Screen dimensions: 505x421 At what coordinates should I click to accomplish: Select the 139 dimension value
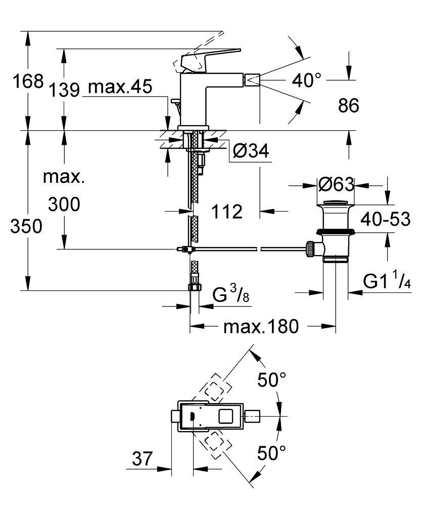click(65, 89)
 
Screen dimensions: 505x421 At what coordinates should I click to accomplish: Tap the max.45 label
click(120, 87)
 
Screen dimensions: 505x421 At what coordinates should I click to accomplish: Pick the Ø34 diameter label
click(251, 150)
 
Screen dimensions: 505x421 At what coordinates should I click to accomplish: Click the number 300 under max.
click(64, 205)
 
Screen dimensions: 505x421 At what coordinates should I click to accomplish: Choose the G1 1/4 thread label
click(387, 281)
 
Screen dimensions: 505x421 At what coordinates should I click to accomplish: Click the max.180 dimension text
click(261, 327)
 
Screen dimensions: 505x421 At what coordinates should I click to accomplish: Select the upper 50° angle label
click(272, 379)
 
